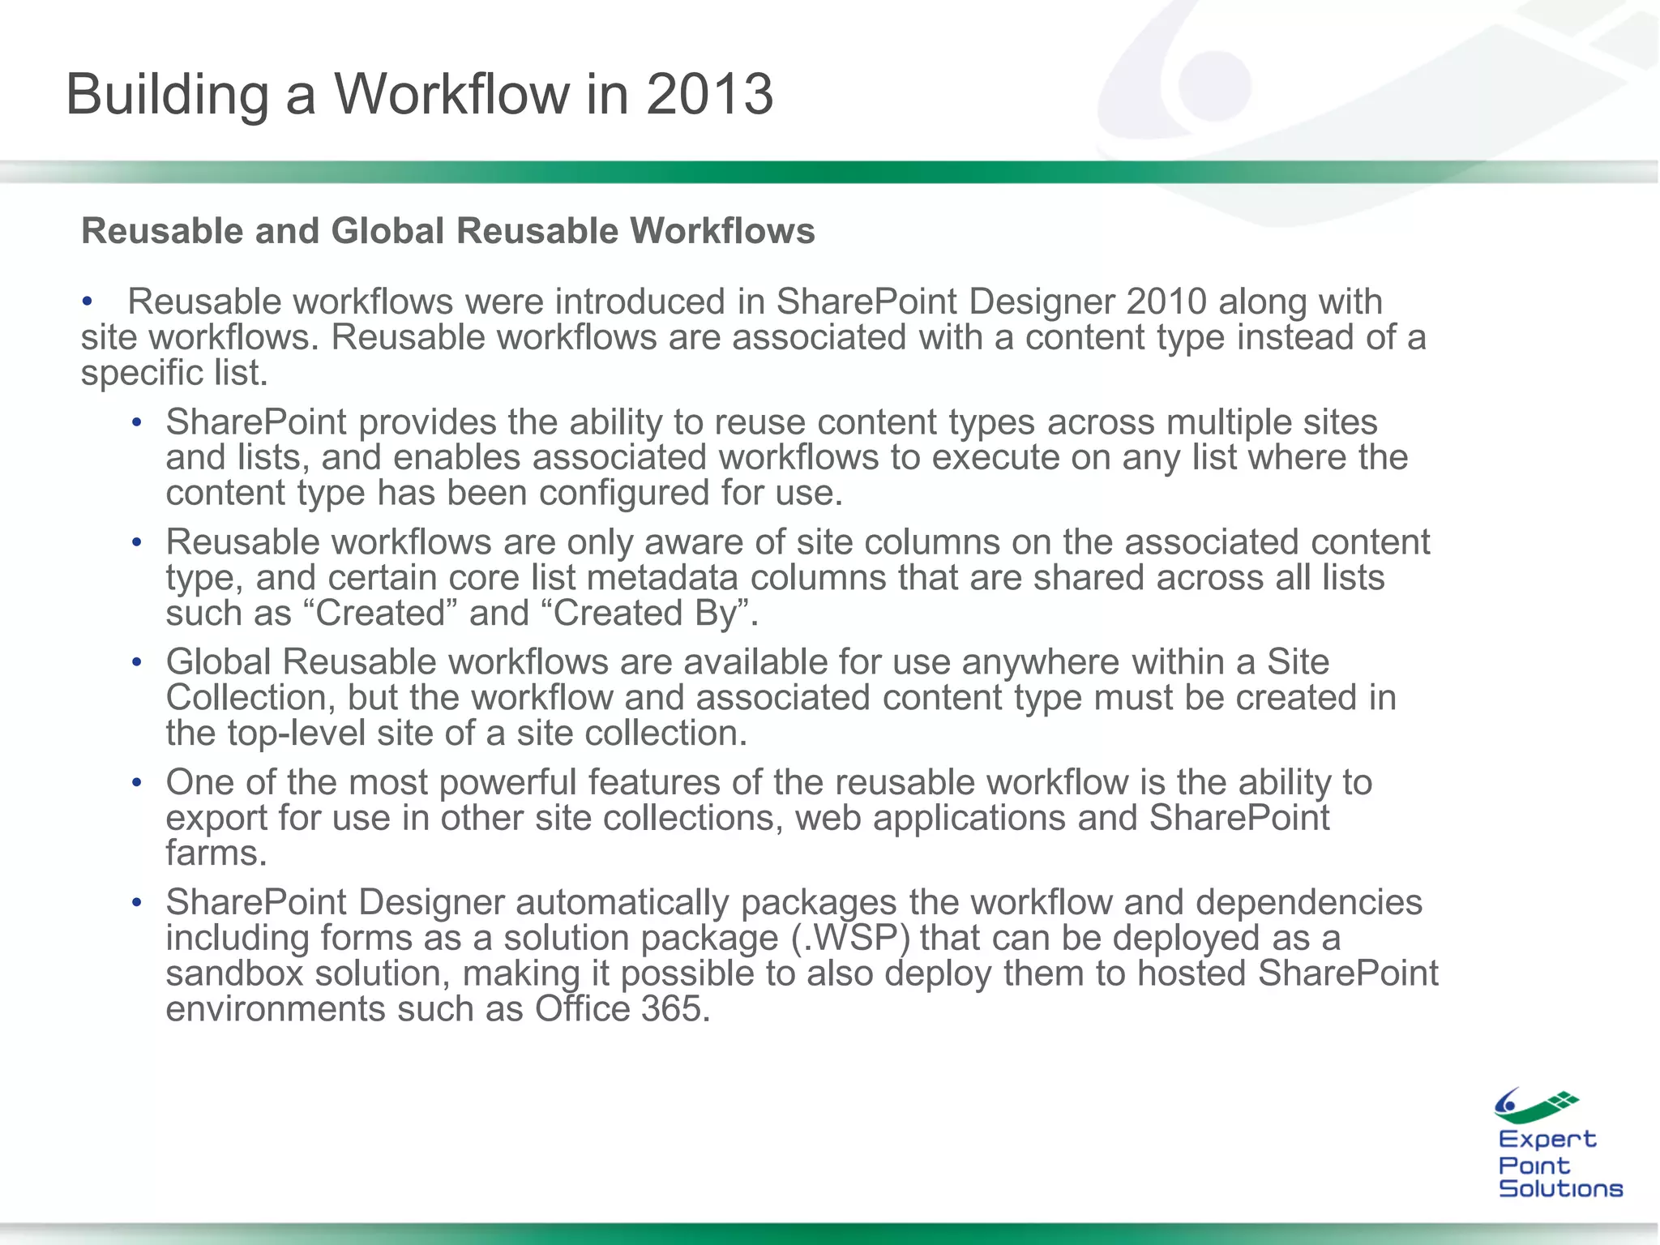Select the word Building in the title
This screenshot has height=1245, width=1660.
(x=167, y=96)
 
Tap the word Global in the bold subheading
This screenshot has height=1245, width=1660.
(x=387, y=231)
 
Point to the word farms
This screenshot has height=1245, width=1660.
(x=216, y=854)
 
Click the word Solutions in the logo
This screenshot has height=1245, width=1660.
(x=1560, y=1189)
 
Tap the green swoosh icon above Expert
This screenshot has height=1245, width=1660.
(x=1536, y=1106)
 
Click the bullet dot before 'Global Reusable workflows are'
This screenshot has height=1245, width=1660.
(x=137, y=663)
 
